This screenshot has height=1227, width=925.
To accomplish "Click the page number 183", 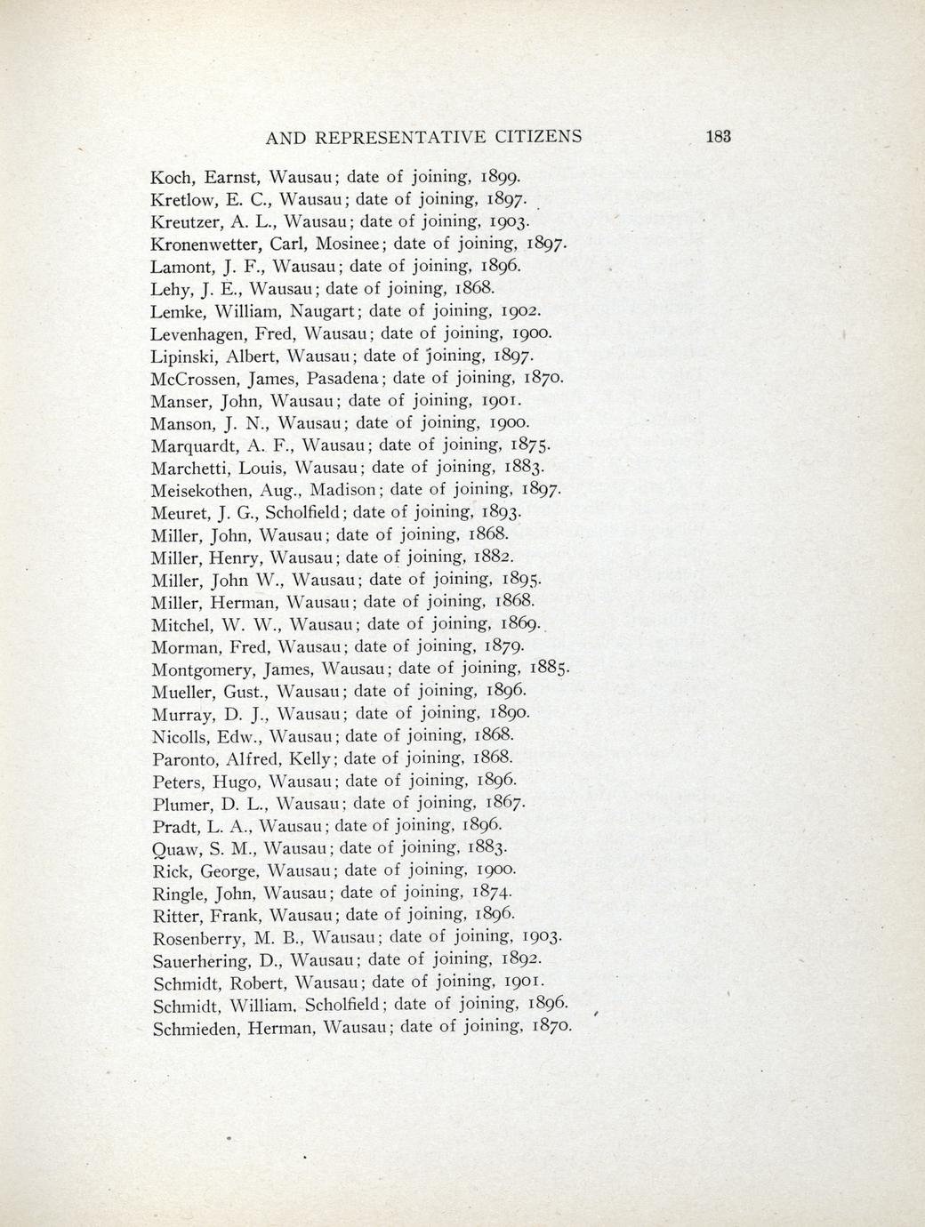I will [717, 137].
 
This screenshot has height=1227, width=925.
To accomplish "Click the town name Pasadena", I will [341, 378].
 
